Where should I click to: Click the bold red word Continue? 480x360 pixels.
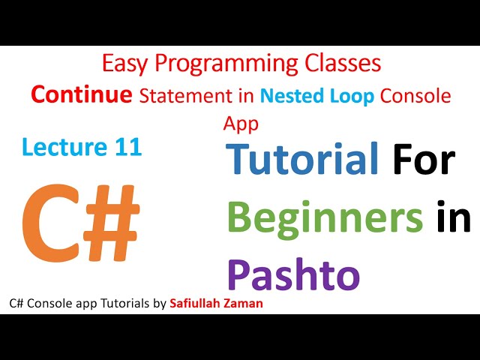click(80, 95)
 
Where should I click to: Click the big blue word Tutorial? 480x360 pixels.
click(302, 162)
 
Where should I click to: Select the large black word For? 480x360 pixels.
click(422, 162)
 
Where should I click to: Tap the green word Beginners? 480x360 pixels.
click(325, 218)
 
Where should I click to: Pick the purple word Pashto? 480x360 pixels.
click(293, 274)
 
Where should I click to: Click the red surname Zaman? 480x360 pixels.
click(241, 304)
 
